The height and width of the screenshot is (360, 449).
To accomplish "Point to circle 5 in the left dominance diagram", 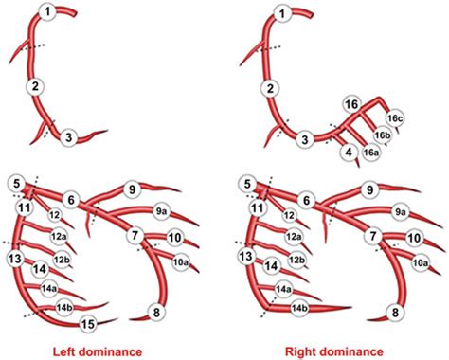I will pyautogui.click(x=15, y=182).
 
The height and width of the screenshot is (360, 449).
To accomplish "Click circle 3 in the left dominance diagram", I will pyautogui.click(x=69, y=139).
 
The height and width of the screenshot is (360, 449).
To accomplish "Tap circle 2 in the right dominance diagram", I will pyautogui.click(x=270, y=88).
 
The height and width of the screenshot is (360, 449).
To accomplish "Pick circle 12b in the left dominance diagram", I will pyautogui.click(x=63, y=259).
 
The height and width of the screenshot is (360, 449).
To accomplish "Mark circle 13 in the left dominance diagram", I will pyautogui.click(x=15, y=256).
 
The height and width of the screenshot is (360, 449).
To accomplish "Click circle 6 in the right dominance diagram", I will pyautogui.click(x=304, y=199).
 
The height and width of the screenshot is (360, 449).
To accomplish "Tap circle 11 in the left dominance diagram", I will pyautogui.click(x=25, y=206).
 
